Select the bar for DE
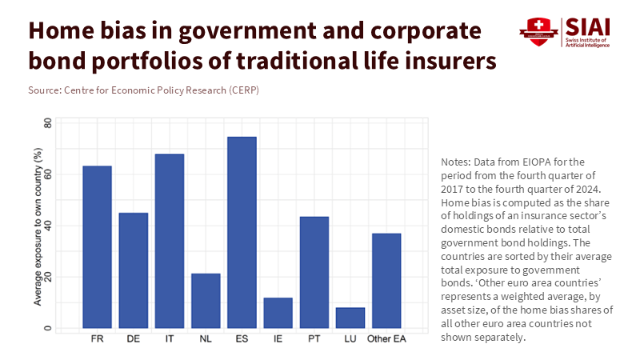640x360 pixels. [x=134, y=270]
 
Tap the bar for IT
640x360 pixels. [x=170, y=240]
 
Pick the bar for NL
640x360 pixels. [x=206, y=300]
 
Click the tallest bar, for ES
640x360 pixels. [x=242, y=232]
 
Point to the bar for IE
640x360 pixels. [x=278, y=312]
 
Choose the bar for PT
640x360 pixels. [x=314, y=272]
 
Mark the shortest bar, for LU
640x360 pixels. [x=350, y=317]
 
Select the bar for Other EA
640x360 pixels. [x=386, y=280]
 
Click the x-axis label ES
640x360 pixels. [x=242, y=339]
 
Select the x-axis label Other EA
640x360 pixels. [x=386, y=339]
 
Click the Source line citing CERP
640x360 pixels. [x=143, y=90]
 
